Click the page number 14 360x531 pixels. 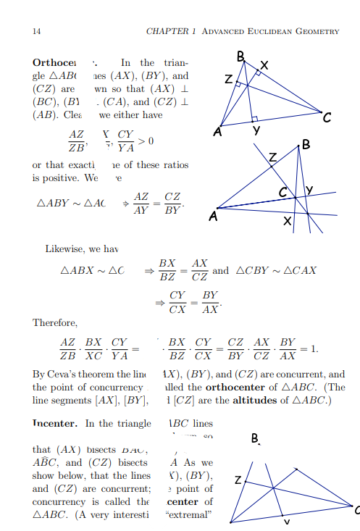(x=36, y=31)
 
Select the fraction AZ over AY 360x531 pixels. (x=142, y=204)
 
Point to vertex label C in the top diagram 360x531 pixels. (x=328, y=119)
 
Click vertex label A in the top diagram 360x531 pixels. (x=217, y=133)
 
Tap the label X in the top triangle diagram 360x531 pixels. (x=264, y=67)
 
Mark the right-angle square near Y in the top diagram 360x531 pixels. (x=254, y=119)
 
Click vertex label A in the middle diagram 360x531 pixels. (x=212, y=216)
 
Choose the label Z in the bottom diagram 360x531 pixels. (x=238, y=480)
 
